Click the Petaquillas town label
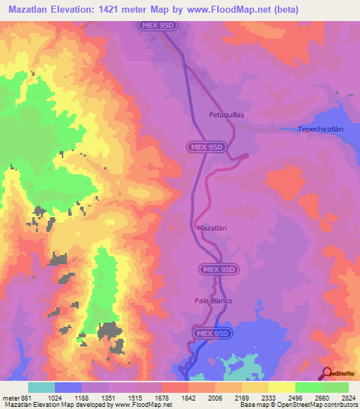[226, 113]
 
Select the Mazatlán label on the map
[211, 228]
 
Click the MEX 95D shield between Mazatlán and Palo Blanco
[219, 269]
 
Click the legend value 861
[26, 397]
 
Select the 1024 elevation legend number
[56, 397]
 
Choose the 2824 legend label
[348, 397]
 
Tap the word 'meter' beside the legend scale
[10, 397]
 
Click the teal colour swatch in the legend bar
[41, 387]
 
